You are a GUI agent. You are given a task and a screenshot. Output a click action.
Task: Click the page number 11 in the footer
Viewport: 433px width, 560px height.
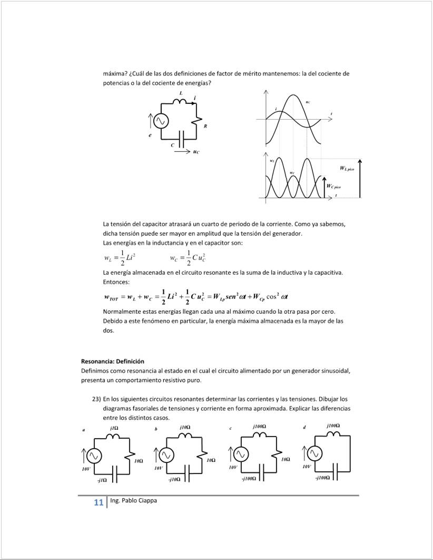point(99,503)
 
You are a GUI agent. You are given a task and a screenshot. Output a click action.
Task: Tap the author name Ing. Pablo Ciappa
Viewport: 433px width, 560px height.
point(133,500)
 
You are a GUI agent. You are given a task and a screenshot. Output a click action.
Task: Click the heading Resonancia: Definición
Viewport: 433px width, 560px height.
point(112,361)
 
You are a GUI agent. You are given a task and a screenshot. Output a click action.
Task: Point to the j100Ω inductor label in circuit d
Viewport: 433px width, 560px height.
point(333,425)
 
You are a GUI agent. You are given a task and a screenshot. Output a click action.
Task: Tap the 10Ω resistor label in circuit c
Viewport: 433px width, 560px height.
point(286,460)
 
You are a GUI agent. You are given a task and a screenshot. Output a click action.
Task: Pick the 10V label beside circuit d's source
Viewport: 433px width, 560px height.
point(307,467)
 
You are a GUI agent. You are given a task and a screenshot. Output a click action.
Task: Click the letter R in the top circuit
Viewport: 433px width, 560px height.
point(205,126)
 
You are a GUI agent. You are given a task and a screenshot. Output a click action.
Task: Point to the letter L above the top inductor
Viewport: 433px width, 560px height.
point(181,93)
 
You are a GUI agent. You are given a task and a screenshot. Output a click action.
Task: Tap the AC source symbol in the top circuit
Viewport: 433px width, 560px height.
point(161,121)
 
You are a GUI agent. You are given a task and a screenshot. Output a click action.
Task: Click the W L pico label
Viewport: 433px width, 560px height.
point(347,168)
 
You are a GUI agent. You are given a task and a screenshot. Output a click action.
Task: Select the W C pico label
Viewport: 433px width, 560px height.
point(333,186)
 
